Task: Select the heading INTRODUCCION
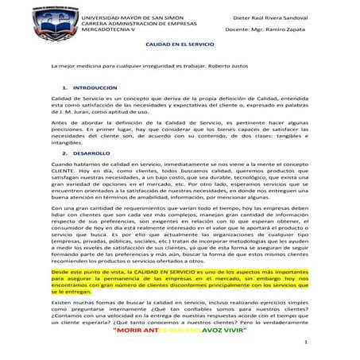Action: pos(95,106)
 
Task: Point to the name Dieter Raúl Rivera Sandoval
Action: pos(270,16)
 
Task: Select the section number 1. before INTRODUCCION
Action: pos(64,106)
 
